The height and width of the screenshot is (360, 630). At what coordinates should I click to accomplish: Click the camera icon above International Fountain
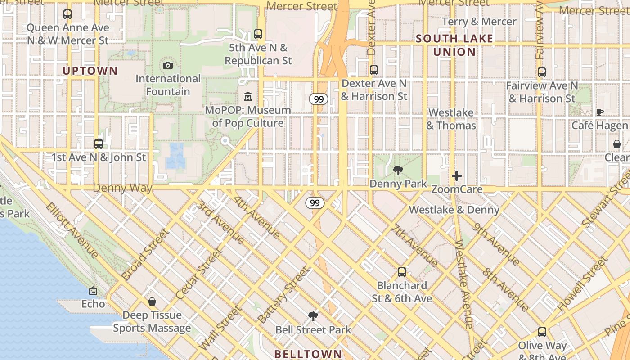coord(168,66)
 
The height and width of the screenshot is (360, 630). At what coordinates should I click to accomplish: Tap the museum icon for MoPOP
coord(248,97)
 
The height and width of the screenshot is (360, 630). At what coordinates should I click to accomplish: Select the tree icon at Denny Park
coord(398,171)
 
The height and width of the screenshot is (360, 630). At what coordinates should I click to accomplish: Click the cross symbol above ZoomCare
coord(457,176)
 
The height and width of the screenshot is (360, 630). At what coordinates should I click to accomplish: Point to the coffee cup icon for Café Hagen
coord(599,112)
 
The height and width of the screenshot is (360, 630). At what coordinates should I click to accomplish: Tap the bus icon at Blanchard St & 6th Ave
coord(402,272)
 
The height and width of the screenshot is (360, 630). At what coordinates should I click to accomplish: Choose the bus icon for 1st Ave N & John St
coord(99,144)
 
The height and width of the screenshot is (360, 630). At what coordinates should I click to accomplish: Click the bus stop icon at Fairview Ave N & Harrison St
coord(542,72)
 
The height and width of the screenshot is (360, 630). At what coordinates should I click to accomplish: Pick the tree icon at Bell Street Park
coord(313,316)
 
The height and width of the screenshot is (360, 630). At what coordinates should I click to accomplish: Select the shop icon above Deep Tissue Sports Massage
coord(152,301)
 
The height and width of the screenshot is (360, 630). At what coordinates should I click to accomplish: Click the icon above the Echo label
coord(93,291)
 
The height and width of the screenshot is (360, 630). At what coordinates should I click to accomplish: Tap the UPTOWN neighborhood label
coord(90,71)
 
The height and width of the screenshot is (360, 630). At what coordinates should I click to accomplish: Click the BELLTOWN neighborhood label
coord(308,354)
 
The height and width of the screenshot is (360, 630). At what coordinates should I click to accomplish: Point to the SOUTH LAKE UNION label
coord(454,45)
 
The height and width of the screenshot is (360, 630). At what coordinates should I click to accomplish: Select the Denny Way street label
coord(122,188)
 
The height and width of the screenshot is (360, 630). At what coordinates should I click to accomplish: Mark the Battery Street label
coord(284,294)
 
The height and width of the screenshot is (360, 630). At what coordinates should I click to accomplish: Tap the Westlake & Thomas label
coord(451,119)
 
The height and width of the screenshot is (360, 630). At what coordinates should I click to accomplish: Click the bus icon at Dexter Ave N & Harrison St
coord(374,70)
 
